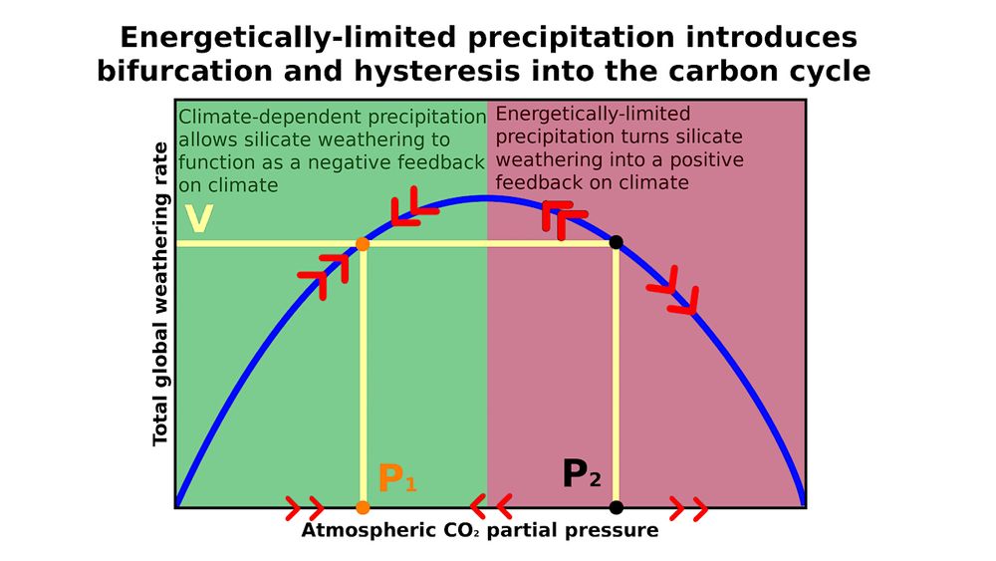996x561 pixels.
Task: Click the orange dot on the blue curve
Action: pos(363,244)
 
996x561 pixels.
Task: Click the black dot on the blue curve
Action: pos(616,242)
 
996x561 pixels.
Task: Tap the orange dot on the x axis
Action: pos(363,507)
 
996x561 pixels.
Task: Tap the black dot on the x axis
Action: pos(616,507)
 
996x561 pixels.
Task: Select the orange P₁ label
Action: pos(396,479)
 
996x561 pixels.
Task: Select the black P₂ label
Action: pos(582,475)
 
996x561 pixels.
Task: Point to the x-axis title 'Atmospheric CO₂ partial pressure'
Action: pos(479,530)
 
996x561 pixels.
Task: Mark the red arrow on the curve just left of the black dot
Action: pos(563,217)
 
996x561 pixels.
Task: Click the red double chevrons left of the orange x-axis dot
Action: pos(304,508)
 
